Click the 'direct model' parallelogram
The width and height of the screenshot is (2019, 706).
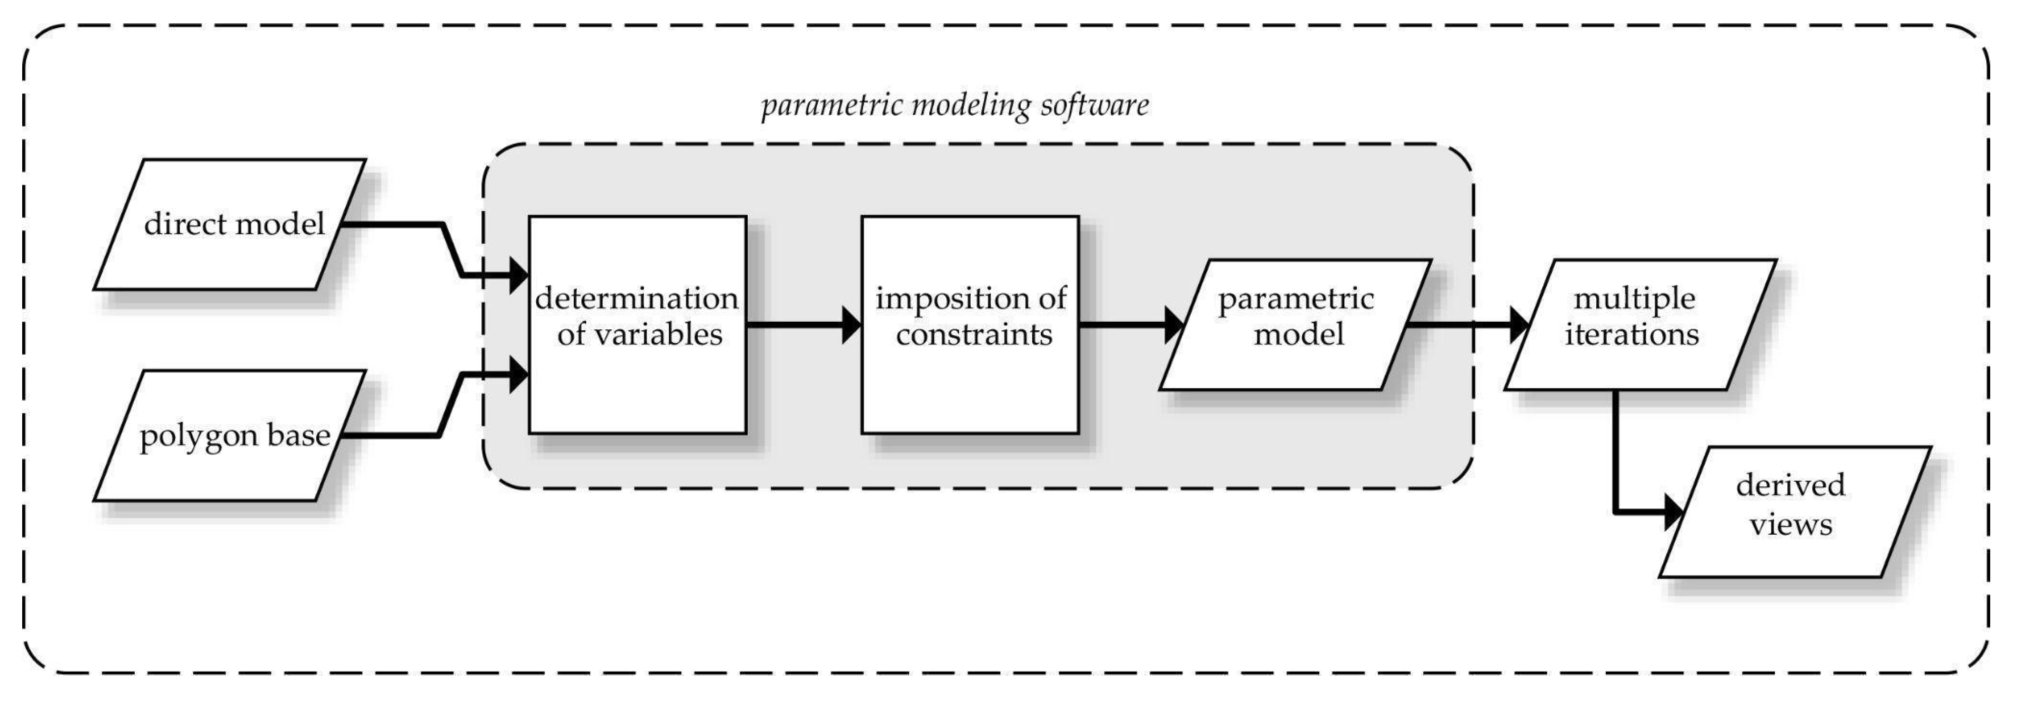[230, 224]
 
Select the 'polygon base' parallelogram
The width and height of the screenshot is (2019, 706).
[230, 435]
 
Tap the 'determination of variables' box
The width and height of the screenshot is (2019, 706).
[637, 324]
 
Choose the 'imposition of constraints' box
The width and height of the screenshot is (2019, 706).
[970, 324]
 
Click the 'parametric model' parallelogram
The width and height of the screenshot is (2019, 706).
[1296, 324]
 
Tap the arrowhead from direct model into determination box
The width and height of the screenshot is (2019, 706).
[519, 275]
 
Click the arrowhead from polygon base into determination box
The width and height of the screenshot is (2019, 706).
[519, 374]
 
